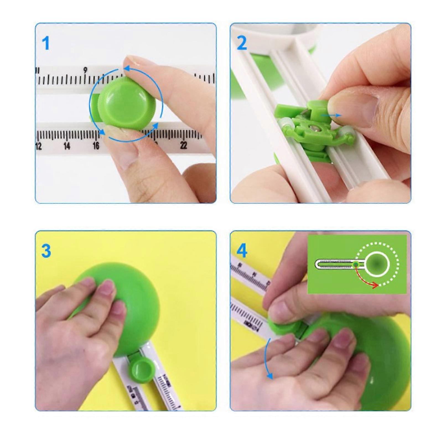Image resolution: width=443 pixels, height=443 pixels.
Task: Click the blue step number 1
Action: point(45,43)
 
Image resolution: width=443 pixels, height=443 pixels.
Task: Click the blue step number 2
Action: point(242,43)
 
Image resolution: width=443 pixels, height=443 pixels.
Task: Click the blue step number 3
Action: point(46,251)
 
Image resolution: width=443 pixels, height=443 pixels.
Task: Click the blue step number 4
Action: point(242,251)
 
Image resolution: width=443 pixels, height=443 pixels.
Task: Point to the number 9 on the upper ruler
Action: point(86,70)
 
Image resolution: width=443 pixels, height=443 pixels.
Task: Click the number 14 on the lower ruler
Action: point(67,146)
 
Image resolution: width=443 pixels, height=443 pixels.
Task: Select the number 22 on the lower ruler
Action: point(183,145)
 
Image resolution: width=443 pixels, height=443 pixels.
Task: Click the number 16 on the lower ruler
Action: point(96,146)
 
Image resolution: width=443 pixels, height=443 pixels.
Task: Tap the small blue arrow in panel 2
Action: point(331,115)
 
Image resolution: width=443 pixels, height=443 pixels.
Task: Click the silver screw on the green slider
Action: point(314,128)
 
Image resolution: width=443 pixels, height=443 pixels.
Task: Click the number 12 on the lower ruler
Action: point(38,146)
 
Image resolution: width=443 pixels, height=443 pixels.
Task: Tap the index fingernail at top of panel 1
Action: point(136,59)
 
